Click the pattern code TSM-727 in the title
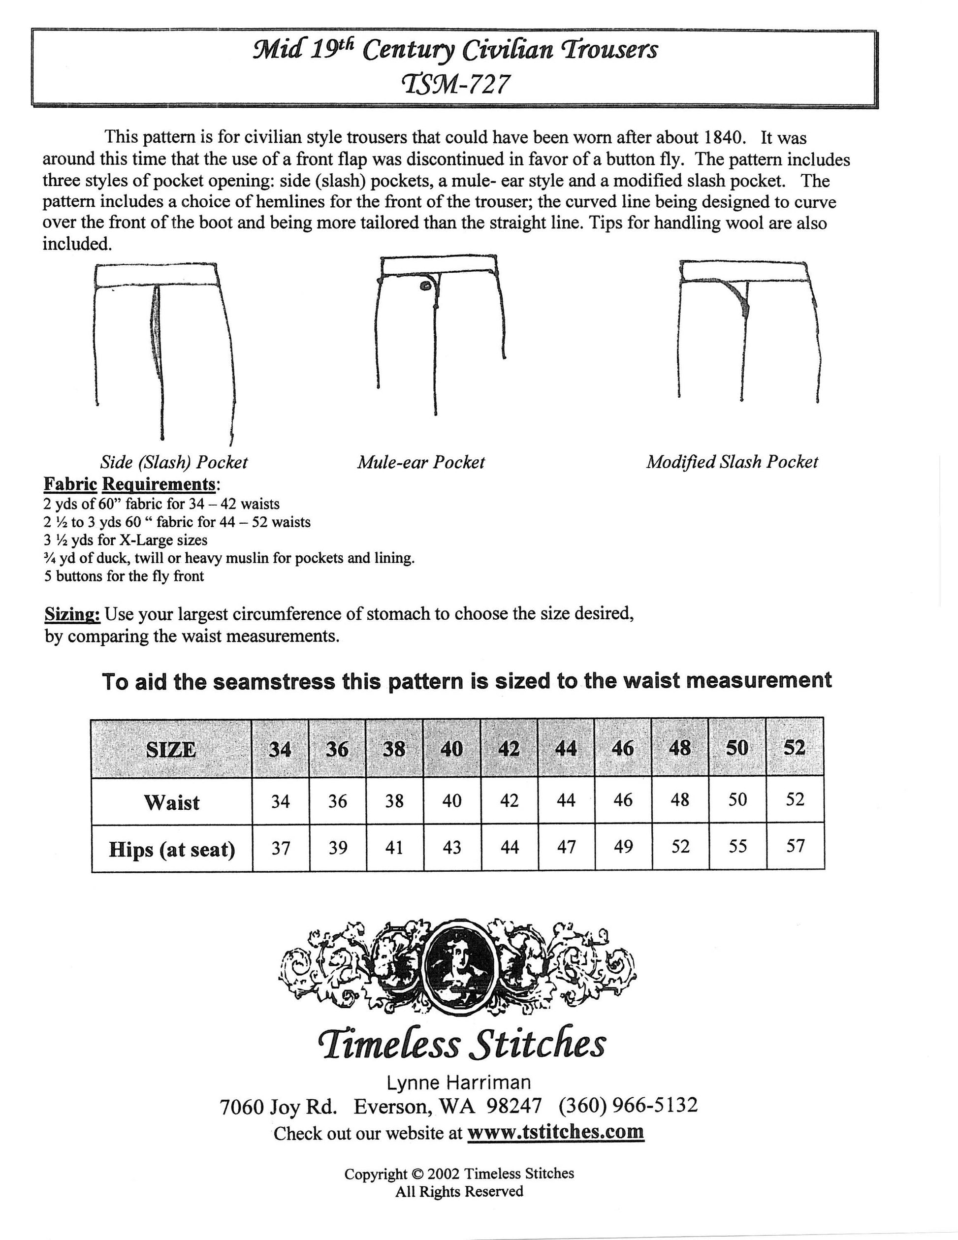(x=455, y=85)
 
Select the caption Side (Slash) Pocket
(x=174, y=462)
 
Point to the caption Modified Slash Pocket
(x=732, y=462)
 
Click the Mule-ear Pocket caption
(x=421, y=462)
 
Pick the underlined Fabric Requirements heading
(x=130, y=484)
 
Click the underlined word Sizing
(x=73, y=614)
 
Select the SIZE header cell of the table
(x=171, y=749)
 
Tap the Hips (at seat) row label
(x=171, y=849)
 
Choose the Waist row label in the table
(x=171, y=802)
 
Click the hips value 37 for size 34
(x=281, y=848)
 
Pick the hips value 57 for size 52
(x=795, y=847)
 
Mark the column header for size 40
(x=451, y=749)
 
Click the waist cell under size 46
(x=623, y=800)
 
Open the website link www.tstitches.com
(x=555, y=1131)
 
